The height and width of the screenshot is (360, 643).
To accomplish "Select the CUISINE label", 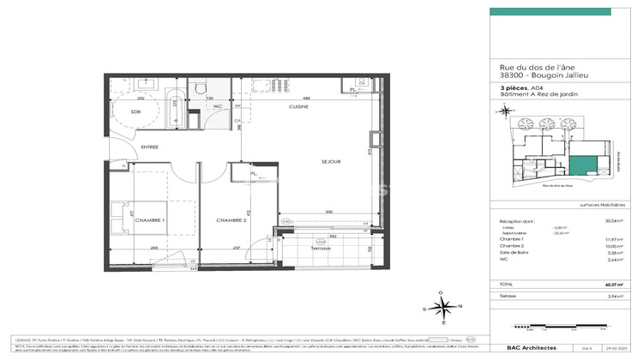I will point(299,107).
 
